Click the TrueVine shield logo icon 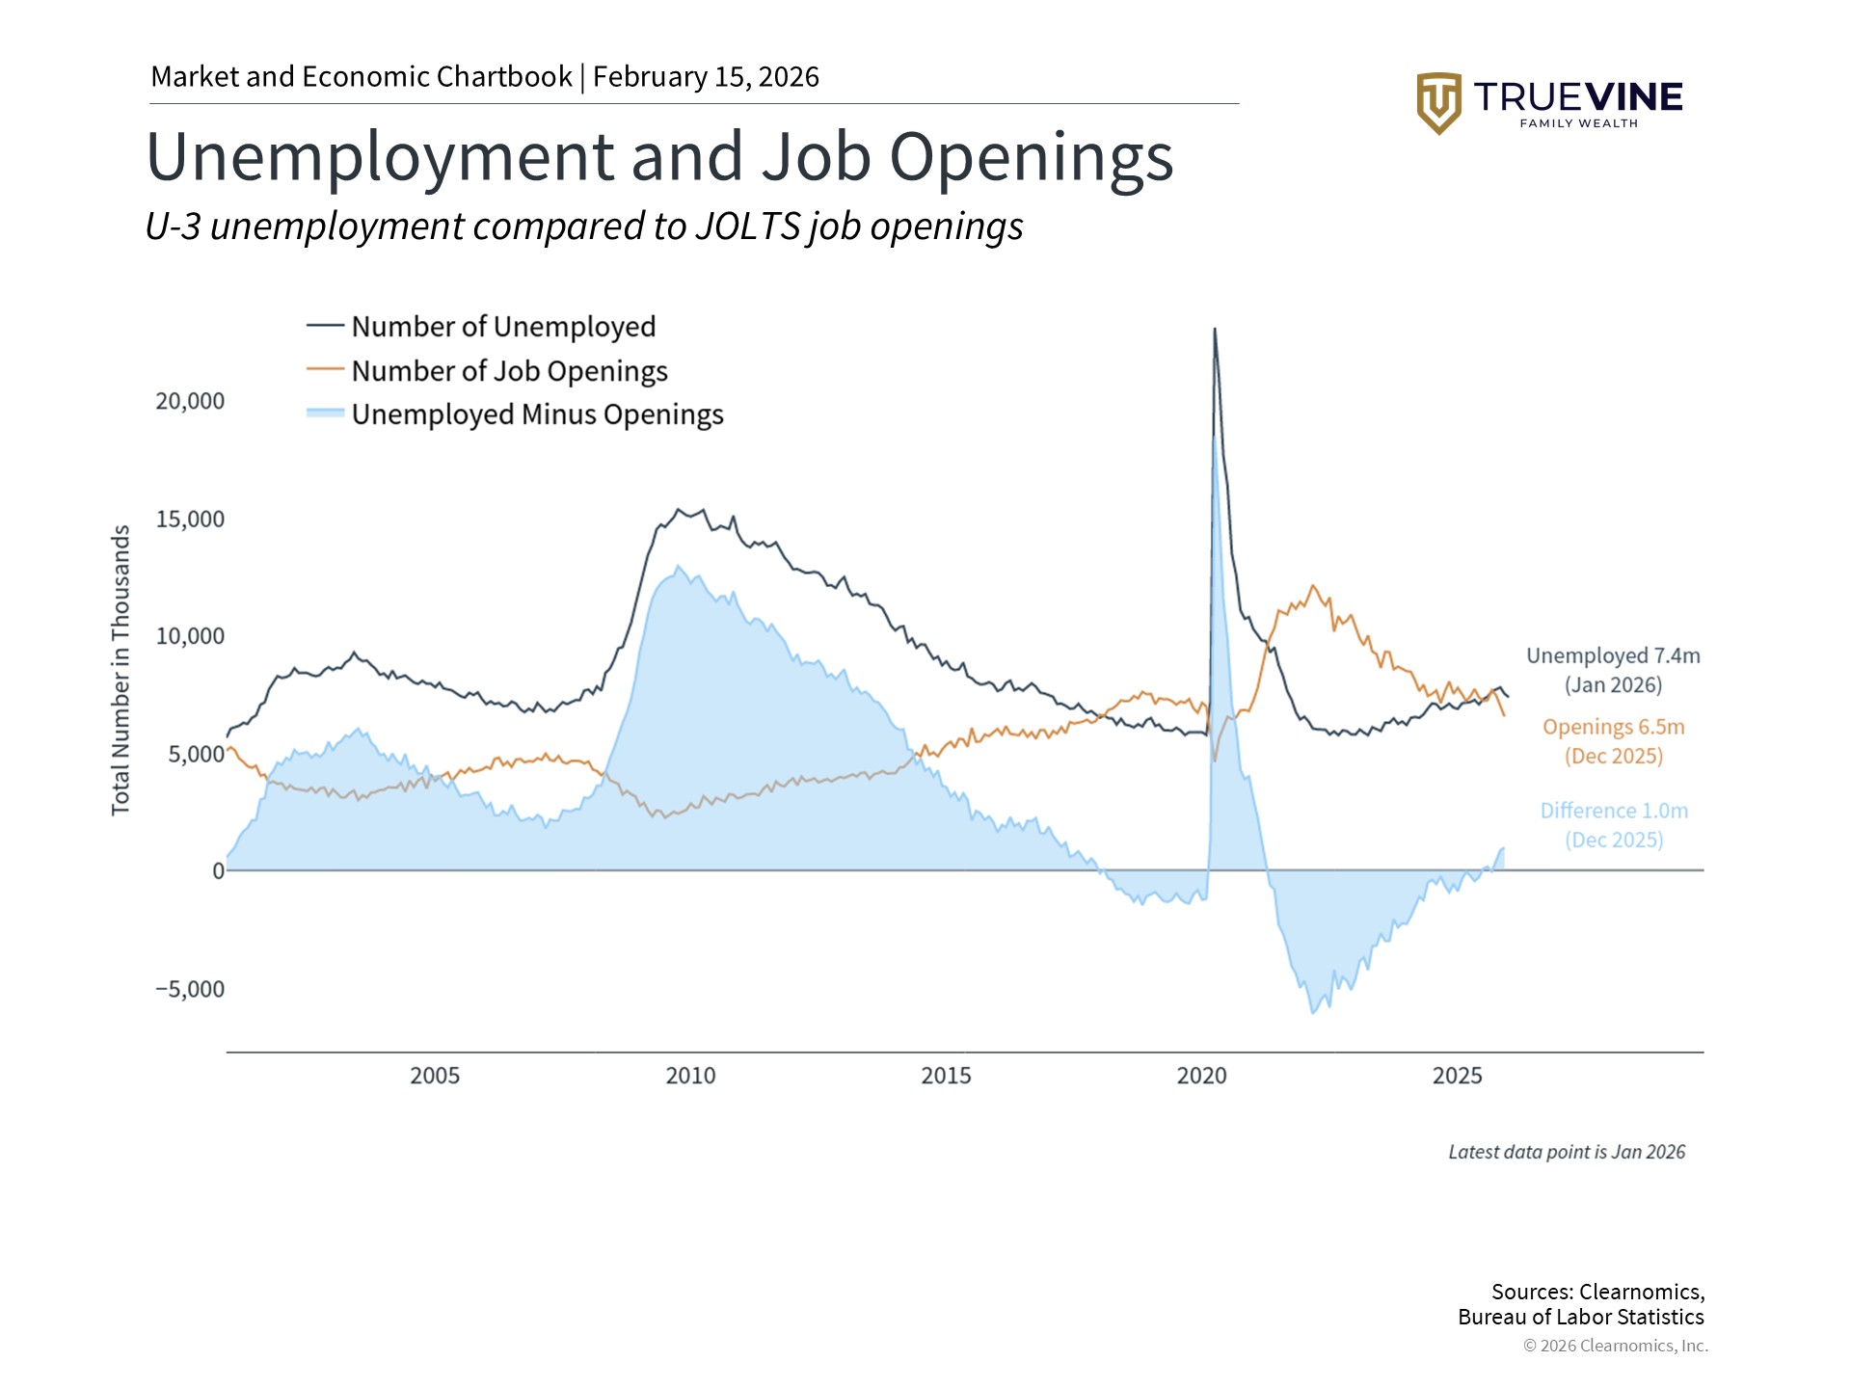[1438, 102]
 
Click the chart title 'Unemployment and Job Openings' [659, 157]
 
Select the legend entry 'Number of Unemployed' [502, 327]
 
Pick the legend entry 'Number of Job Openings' [508, 371]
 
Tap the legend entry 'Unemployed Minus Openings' [536, 414]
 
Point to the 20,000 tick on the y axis [190, 401]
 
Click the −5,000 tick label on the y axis [190, 989]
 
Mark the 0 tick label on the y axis [218, 871]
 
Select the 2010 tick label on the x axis [690, 1076]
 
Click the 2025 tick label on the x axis [1457, 1076]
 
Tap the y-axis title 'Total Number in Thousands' [121, 670]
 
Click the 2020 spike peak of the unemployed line [1215, 330]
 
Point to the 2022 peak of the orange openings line [1312, 586]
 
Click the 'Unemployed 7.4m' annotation [1613, 656]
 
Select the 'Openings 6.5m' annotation [1613, 728]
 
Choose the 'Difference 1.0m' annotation [1614, 812]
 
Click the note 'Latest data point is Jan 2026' [1567, 1152]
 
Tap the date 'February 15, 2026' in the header [706, 77]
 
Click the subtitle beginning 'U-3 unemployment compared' [584, 227]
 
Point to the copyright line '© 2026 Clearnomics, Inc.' [1615, 1346]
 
